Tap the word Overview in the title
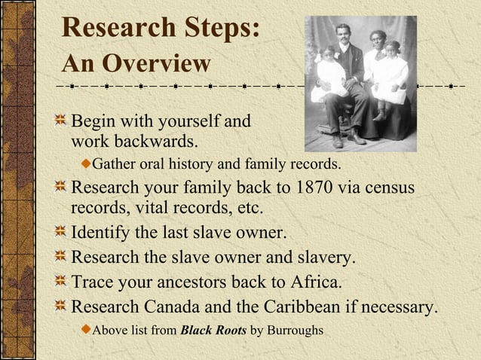(x=158, y=63)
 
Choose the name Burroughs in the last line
(x=296, y=329)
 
